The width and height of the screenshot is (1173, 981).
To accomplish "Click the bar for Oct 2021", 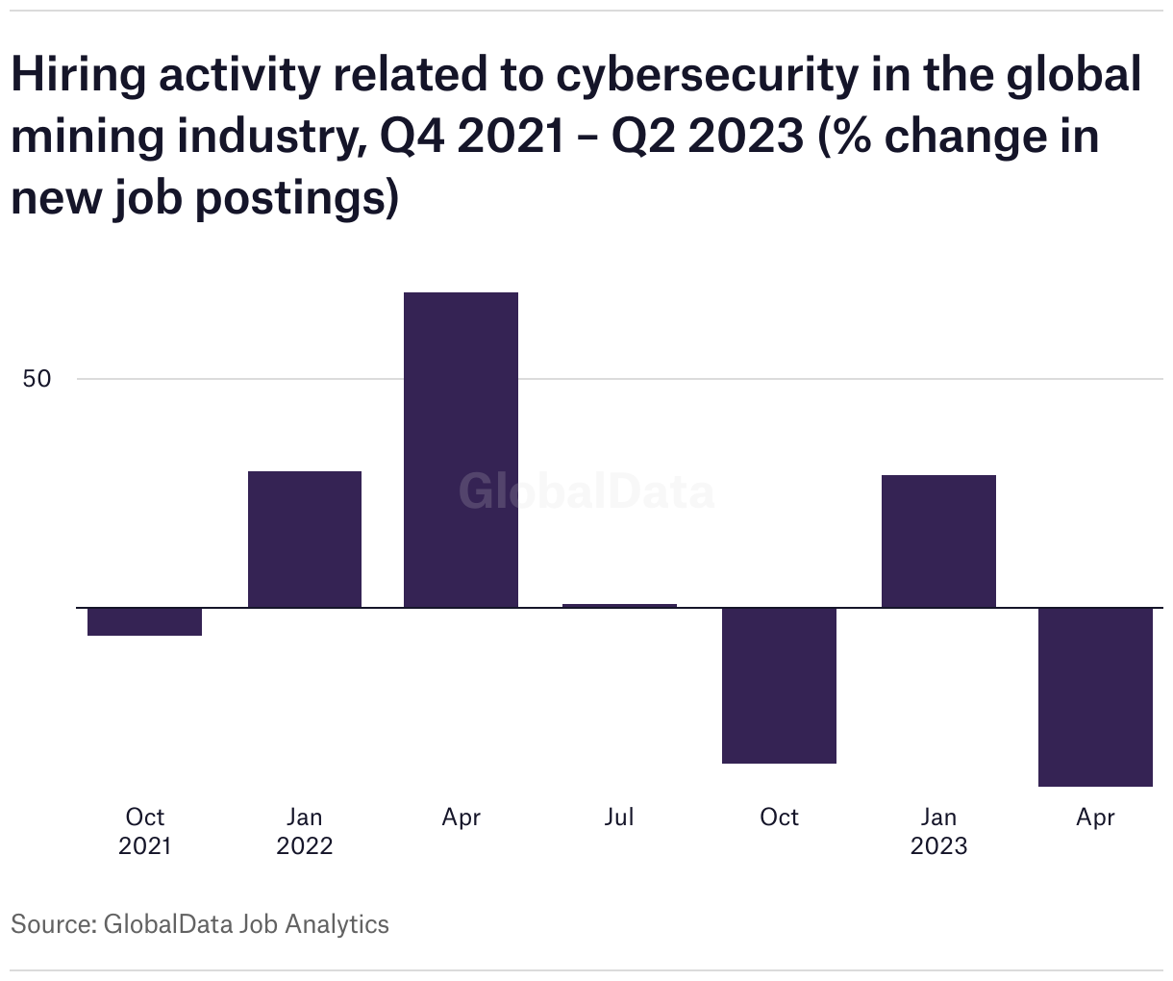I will [144, 621].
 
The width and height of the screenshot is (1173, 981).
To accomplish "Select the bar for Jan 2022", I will [305, 539].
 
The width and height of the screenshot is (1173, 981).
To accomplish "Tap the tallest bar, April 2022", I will [461, 449].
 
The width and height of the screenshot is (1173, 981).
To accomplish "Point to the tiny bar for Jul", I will [619, 606].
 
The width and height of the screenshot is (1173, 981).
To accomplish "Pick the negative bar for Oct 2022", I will [779, 685].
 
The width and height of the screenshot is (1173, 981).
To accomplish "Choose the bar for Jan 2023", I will [938, 541].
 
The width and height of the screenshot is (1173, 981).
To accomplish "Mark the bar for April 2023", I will [1095, 696].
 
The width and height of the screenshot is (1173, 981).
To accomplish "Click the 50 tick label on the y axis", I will [37, 379].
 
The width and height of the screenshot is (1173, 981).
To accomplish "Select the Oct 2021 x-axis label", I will [144, 831].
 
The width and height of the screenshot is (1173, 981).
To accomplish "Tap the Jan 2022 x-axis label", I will [305, 831].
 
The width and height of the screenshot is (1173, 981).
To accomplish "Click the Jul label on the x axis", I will [619, 817].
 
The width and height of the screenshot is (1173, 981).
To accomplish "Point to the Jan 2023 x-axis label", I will [938, 831].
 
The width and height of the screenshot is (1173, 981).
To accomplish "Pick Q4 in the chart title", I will [412, 137].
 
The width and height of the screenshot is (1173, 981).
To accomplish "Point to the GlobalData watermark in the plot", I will [586, 491].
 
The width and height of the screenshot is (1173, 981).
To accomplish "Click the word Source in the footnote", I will [51, 924].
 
